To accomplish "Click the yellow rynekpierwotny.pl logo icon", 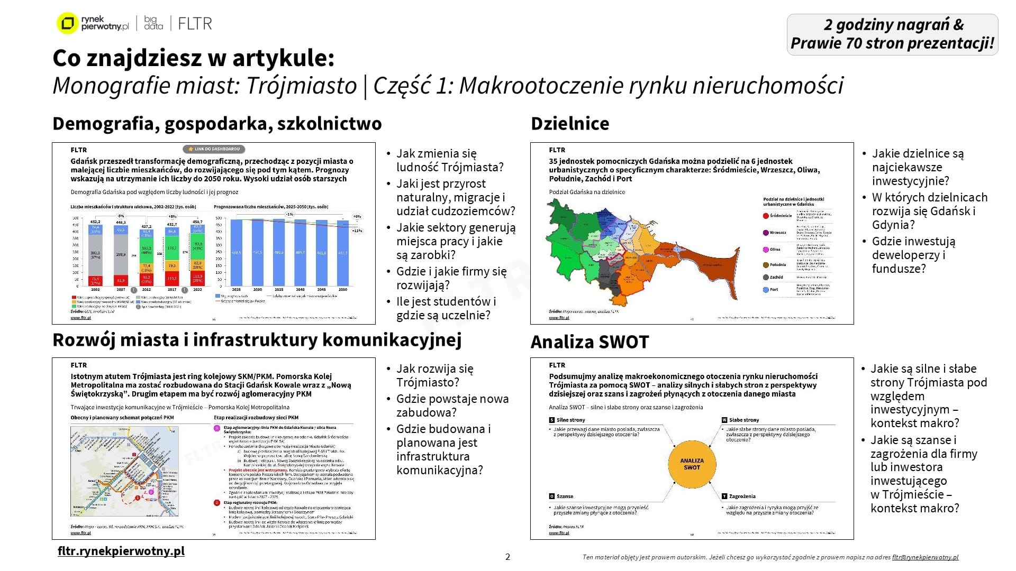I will pyautogui.click(x=67, y=23).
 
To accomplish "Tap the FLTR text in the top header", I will pyautogui.click(x=195, y=24).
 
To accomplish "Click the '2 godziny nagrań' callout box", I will pyautogui.click(x=892, y=34).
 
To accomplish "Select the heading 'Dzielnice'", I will pyautogui.click(x=570, y=124).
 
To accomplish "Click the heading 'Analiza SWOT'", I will pyautogui.click(x=589, y=342).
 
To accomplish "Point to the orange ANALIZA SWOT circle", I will pyautogui.click(x=692, y=464).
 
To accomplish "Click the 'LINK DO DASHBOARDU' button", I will pyautogui.click(x=214, y=149).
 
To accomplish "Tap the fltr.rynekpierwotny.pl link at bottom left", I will pyautogui.click(x=121, y=551).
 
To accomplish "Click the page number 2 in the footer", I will pyautogui.click(x=508, y=557).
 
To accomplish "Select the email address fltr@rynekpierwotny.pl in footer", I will pyautogui.click(x=925, y=557).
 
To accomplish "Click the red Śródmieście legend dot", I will pyautogui.click(x=766, y=216).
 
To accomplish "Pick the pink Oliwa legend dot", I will pyautogui.click(x=766, y=250).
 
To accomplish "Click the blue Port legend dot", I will pyautogui.click(x=766, y=290).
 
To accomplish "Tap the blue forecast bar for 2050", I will pyautogui.click(x=343, y=254).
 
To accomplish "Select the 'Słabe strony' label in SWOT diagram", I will pyautogui.click(x=743, y=420).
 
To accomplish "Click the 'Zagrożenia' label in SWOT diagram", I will pyautogui.click(x=742, y=496).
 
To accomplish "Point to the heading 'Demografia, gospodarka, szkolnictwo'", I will pyautogui.click(x=217, y=124).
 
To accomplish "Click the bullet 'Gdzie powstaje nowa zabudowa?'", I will pyautogui.click(x=452, y=406).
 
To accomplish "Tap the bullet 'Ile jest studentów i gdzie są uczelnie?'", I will pyautogui.click(x=446, y=308).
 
